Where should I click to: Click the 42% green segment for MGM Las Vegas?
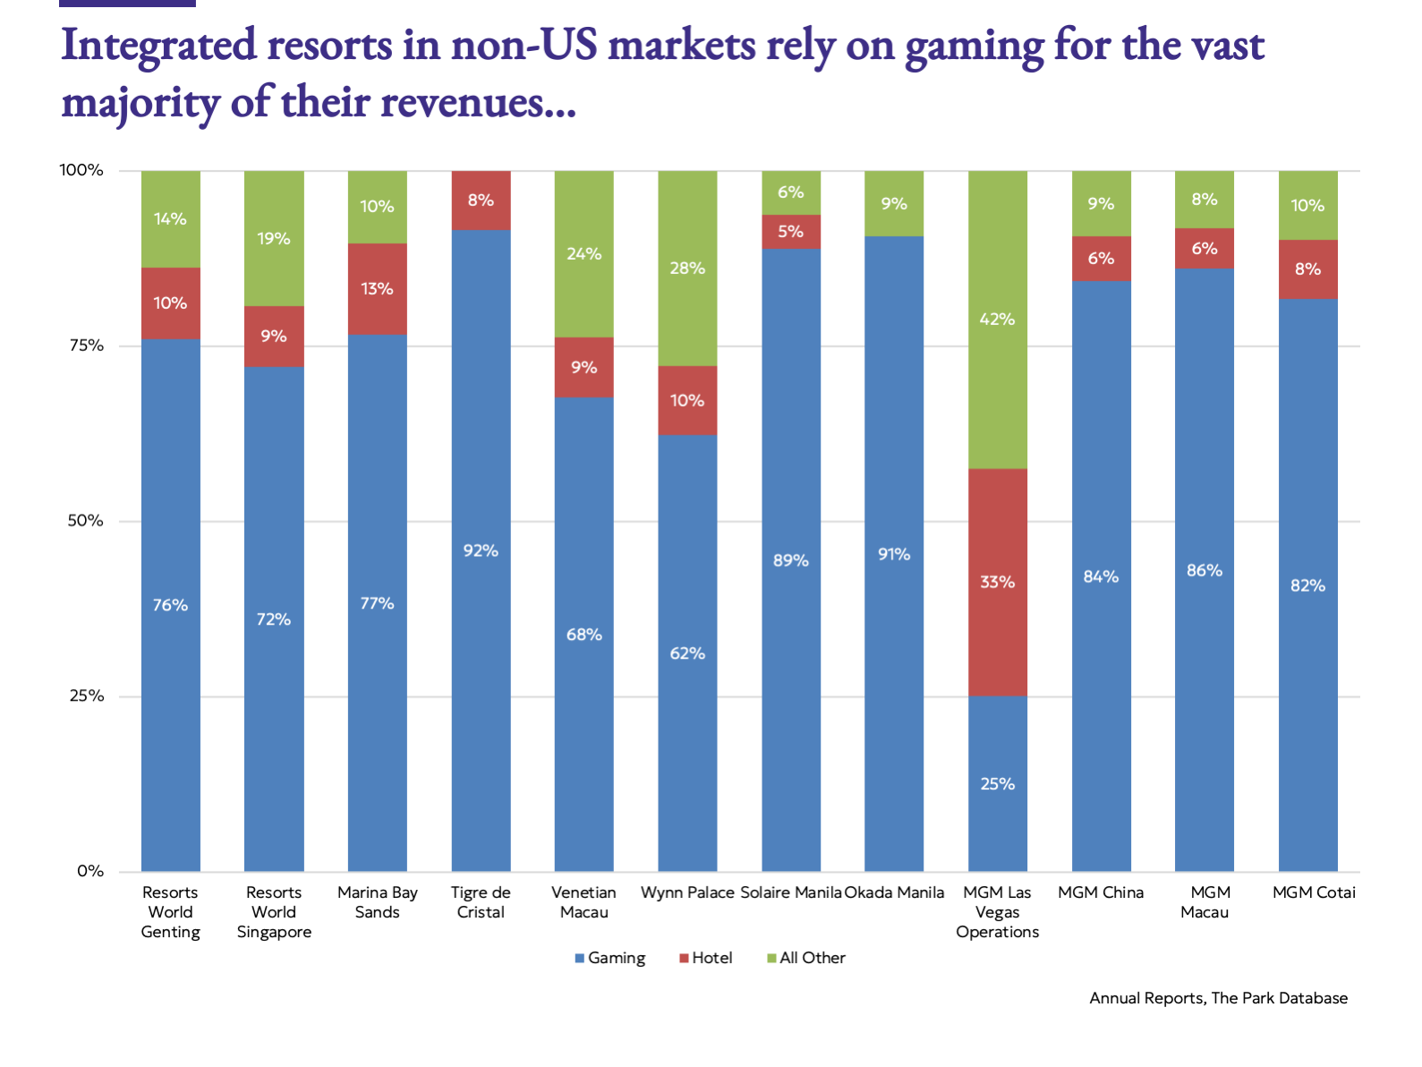[997, 320]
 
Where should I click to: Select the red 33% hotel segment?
[997, 582]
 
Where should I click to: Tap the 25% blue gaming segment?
[997, 784]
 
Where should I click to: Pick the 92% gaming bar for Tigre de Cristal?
[481, 551]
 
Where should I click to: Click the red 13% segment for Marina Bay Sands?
[377, 288]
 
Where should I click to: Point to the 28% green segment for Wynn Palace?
[687, 268]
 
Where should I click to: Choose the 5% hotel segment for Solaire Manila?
[791, 232]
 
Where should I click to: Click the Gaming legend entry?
[609, 958]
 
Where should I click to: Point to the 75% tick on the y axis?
[86, 346]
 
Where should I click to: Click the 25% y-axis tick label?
[86, 696]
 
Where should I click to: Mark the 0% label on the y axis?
[90, 871]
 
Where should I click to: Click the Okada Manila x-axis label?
[894, 892]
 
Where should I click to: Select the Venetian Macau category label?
[583, 902]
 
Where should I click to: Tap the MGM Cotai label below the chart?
[1314, 892]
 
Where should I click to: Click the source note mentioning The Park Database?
[1218, 998]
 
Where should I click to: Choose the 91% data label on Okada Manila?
[894, 555]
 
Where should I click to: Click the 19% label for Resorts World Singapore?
[274, 239]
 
